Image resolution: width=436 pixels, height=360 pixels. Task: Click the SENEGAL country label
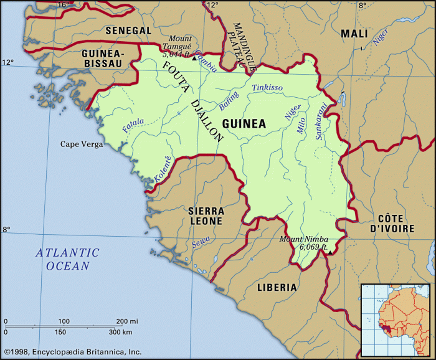[128, 30]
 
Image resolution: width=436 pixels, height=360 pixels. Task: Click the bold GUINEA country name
[244, 123]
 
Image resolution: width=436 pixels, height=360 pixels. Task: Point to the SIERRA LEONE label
[206, 217]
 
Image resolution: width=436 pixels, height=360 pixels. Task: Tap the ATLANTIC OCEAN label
[67, 259]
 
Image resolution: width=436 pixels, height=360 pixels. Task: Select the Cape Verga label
[81, 144]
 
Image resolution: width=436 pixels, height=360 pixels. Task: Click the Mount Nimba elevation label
[303, 243]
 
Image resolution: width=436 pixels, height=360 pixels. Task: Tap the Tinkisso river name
[267, 88]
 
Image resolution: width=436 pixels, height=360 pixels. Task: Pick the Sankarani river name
[321, 122]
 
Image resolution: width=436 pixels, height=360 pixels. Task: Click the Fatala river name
[133, 125]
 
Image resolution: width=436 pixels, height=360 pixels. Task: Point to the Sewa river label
[201, 242]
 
